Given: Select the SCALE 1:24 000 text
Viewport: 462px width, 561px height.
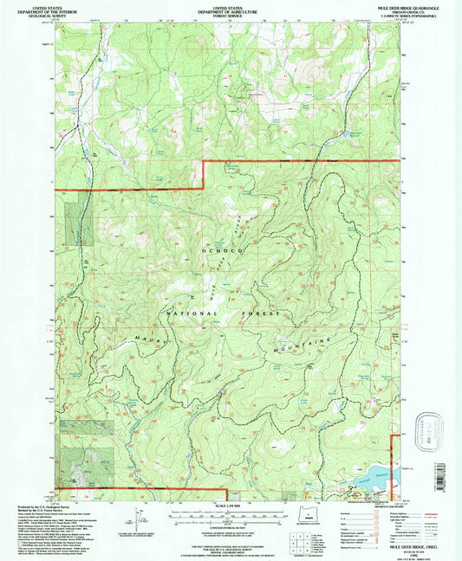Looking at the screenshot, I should (x=230, y=506).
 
